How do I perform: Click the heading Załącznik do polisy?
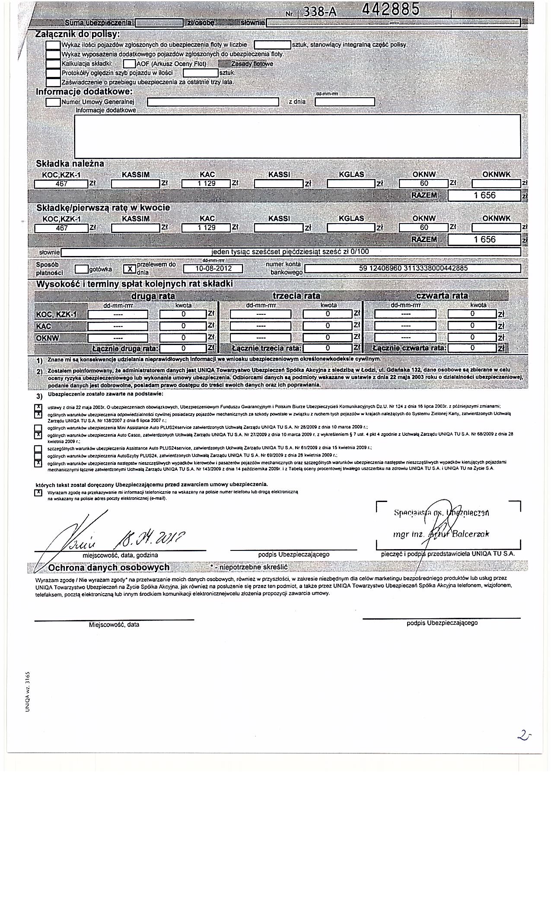(78, 34)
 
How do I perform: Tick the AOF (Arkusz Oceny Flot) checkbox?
(129, 64)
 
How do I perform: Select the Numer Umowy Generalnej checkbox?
(53, 102)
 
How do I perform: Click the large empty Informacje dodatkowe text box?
(297, 136)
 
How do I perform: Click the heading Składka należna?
(70, 164)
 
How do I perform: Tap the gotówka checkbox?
(81, 269)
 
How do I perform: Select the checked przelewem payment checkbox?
(129, 269)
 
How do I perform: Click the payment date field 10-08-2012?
(213, 269)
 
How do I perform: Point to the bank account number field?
(413, 269)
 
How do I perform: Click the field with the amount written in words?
(290, 252)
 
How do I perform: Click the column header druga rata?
(153, 296)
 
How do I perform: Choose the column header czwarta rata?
(442, 296)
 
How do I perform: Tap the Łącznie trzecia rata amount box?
(328, 348)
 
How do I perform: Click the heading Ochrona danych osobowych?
(109, 567)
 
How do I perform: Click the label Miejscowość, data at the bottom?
(114, 625)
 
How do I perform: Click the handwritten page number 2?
(524, 736)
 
